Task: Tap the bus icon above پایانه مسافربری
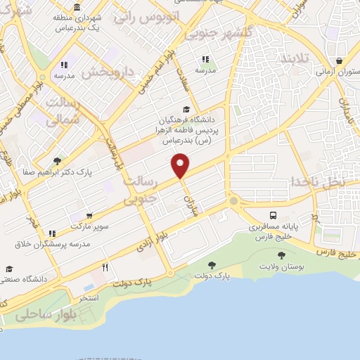coord(274,215)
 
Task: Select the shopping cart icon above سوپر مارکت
coord(89,217)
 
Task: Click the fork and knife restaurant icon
coord(105,267)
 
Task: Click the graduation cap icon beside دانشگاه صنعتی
coord(9,269)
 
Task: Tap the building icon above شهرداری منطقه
coord(76,6)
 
